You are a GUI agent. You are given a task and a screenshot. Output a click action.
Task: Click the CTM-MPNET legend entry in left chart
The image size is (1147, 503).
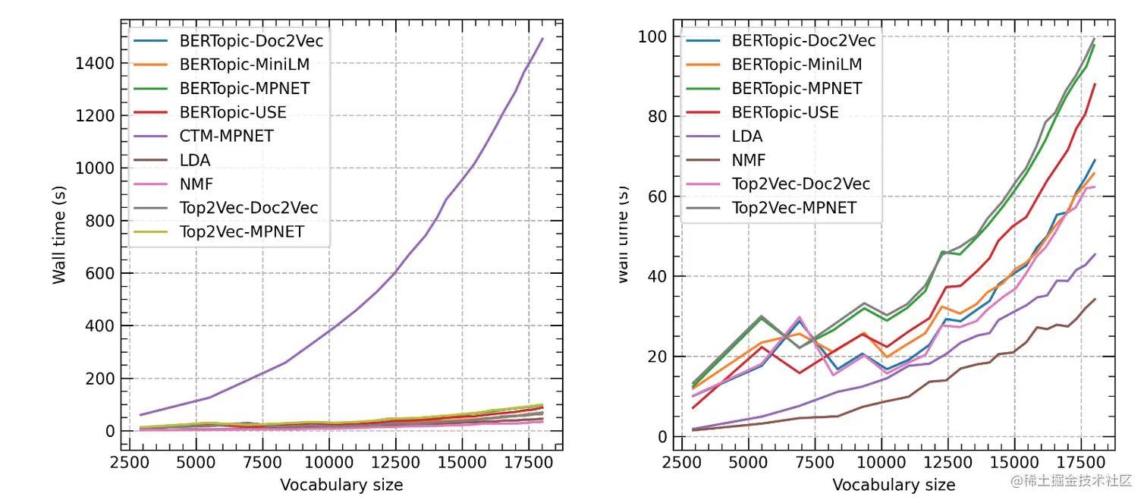[226, 137]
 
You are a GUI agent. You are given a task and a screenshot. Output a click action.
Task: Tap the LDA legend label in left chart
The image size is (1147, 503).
[195, 160]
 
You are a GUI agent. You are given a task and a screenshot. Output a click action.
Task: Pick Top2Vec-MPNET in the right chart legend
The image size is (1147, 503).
[793, 207]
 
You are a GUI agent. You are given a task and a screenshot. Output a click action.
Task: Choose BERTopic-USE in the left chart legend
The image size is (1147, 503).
[233, 112]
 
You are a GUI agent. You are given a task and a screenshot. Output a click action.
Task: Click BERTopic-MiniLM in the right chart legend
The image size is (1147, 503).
[797, 64]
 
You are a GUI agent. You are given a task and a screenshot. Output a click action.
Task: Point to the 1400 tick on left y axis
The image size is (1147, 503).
[95, 63]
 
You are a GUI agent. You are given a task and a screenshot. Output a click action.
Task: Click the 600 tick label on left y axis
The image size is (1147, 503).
[102, 273]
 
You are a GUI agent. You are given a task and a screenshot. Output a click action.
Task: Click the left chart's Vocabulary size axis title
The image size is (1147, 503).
[341, 484]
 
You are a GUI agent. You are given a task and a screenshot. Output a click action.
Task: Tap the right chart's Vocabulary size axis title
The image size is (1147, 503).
[894, 484]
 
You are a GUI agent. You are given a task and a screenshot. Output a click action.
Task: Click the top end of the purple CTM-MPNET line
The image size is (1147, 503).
[542, 38]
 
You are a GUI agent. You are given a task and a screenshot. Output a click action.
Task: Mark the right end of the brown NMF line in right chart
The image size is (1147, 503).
[1095, 299]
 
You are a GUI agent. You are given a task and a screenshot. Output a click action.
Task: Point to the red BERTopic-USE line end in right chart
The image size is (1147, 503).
[1095, 84]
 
